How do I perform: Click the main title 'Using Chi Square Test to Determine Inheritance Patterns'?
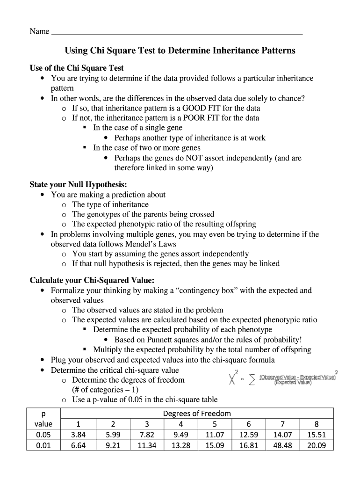(180, 51)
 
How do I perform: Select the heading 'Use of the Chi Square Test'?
(77, 68)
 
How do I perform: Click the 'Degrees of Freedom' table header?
(197, 414)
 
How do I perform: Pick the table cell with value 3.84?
(78, 435)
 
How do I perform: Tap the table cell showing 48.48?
(282, 445)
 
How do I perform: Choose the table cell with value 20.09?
(317, 445)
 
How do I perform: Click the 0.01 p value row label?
(43, 445)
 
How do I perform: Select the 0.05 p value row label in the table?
(43, 435)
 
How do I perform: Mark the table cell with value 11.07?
(215, 435)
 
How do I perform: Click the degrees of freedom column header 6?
(249, 424)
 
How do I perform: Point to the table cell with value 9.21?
(113, 445)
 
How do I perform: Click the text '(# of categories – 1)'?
(105, 390)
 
